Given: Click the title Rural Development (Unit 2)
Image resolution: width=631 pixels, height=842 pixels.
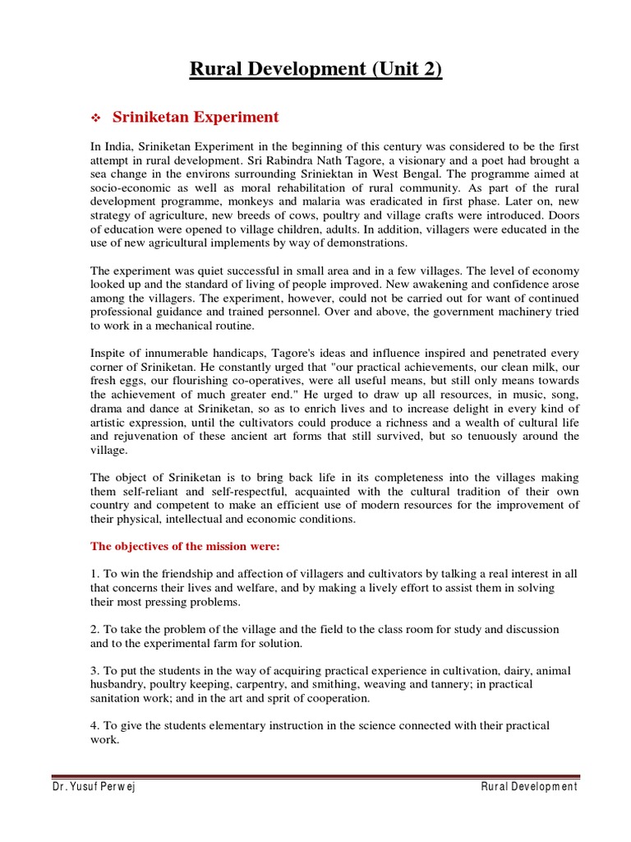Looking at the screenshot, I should pyautogui.click(x=315, y=70).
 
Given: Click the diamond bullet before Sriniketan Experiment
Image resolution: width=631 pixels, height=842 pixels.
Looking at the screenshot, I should pyautogui.click(x=95, y=118).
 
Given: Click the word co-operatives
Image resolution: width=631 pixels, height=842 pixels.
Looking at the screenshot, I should pyautogui.click(x=278, y=382).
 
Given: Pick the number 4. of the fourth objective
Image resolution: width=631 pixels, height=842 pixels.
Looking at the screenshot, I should pyautogui.click(x=95, y=726).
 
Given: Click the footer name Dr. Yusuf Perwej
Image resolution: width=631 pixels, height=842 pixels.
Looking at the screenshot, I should pyautogui.click(x=91, y=787).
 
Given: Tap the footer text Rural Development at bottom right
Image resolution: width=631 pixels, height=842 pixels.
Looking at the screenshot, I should pyautogui.click(x=529, y=787).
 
